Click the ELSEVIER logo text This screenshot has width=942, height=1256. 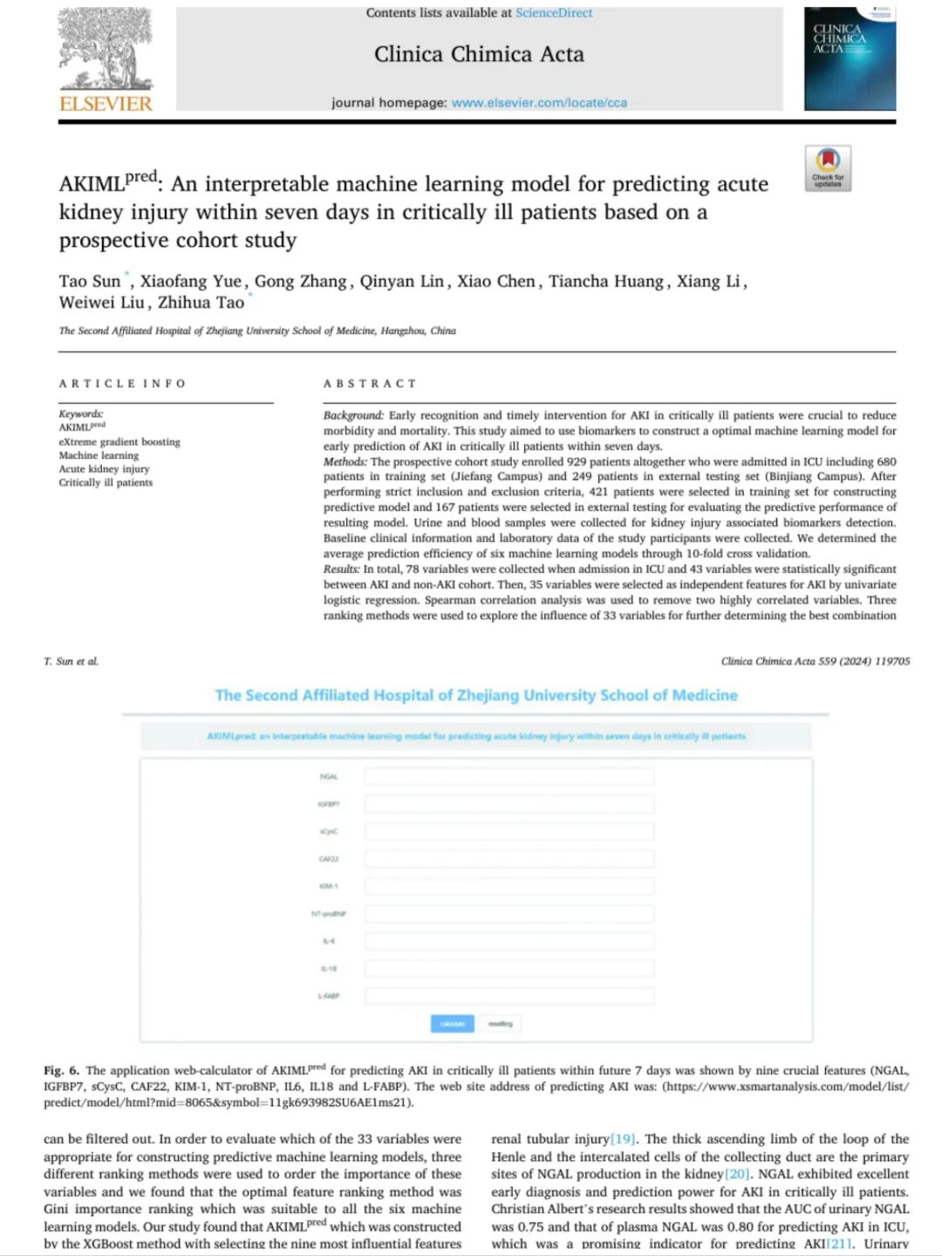pyautogui.click(x=106, y=104)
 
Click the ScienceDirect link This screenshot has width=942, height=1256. pyautogui.click(x=553, y=13)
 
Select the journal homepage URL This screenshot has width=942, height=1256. pyautogui.click(x=539, y=102)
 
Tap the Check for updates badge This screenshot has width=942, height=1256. pyautogui.click(x=827, y=167)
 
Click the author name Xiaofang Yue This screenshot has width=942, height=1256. pyautogui.click(x=190, y=281)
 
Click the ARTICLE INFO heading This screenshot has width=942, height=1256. pyautogui.click(x=122, y=384)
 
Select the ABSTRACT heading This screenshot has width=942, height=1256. pyautogui.click(x=370, y=384)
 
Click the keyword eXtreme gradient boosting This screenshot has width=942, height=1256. pyautogui.click(x=119, y=441)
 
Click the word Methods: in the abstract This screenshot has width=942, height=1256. pyautogui.click(x=345, y=461)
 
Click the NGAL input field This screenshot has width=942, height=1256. pyautogui.click(x=509, y=776)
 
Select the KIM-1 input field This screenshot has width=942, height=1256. pyautogui.click(x=509, y=886)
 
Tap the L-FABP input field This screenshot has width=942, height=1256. pyautogui.click(x=509, y=995)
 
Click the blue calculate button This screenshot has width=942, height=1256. pyautogui.click(x=452, y=1023)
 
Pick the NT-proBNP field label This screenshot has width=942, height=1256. pyautogui.click(x=329, y=914)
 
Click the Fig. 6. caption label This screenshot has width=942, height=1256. pyautogui.click(x=61, y=1070)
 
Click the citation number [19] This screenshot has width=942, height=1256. pyautogui.click(x=623, y=1139)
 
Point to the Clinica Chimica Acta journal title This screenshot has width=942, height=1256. pyautogui.click(x=479, y=54)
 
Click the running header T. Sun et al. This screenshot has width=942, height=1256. pyautogui.click(x=72, y=661)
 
